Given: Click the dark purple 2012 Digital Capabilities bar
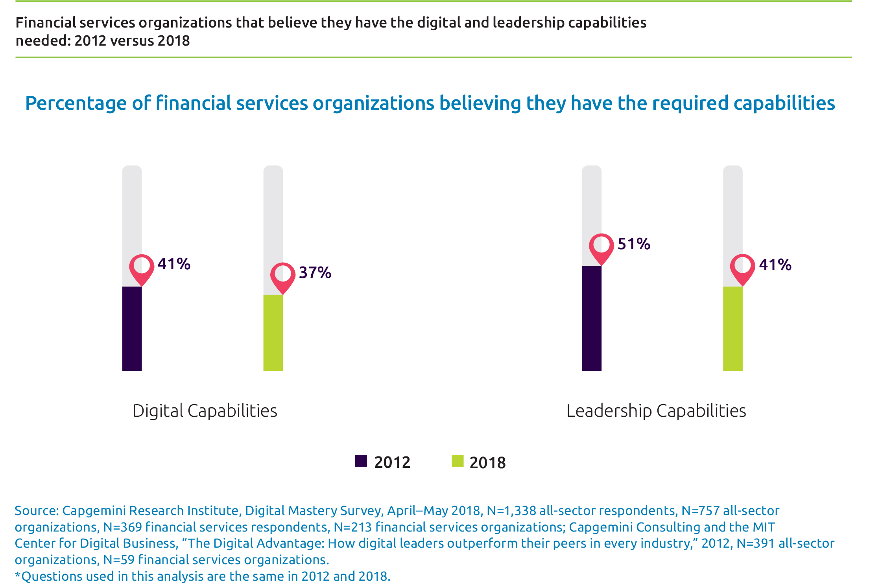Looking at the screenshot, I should tap(132, 328).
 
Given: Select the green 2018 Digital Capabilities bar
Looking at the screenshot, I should tap(273, 333).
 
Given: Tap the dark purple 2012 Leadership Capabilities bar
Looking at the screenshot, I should tap(591, 318).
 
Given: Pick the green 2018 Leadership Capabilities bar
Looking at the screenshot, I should tap(733, 328).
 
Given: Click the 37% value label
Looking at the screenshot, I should tap(315, 272).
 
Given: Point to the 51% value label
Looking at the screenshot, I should tap(634, 244).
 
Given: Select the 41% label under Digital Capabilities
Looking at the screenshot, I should tap(174, 264).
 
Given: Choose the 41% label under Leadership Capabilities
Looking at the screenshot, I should tap(775, 265).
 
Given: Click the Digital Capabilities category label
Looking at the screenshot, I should tap(205, 411).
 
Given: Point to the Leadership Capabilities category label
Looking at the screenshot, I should tap(656, 411).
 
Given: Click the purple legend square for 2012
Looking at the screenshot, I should tap(361, 461).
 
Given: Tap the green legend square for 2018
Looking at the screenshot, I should tap(457, 461).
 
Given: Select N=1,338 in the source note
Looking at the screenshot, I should tap(511, 510).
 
